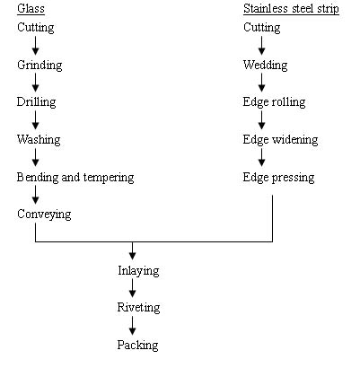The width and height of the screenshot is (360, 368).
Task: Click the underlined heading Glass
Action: tap(31, 9)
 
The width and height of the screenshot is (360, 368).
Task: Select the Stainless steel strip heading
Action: tap(291, 9)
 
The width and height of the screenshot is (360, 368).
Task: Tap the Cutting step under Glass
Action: tap(36, 28)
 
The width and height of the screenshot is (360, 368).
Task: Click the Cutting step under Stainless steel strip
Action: tap(262, 28)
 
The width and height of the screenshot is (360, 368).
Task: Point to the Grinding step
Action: tap(40, 66)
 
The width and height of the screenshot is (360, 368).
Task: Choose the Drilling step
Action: tap(36, 102)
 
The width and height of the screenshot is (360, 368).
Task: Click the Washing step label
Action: tap(39, 140)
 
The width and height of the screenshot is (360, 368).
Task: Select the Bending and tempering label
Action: tap(75, 178)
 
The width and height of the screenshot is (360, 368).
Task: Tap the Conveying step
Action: tap(44, 215)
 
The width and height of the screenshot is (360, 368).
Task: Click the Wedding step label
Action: tap(265, 66)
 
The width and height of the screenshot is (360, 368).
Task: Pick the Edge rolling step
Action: tap(274, 102)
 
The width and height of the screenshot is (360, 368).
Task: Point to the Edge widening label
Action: tap(280, 140)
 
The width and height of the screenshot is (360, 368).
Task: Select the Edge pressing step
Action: tap(278, 178)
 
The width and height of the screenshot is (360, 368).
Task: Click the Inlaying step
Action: tap(138, 271)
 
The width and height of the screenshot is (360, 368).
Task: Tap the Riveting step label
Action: tap(138, 308)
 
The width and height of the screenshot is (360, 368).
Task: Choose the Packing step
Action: tap(137, 346)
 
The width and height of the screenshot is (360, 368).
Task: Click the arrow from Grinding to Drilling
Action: tap(35, 83)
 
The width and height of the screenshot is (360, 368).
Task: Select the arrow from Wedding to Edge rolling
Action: tap(261, 83)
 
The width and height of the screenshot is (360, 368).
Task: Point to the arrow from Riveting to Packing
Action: tap(132, 326)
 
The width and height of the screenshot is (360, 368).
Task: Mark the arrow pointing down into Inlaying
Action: tap(132, 250)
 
